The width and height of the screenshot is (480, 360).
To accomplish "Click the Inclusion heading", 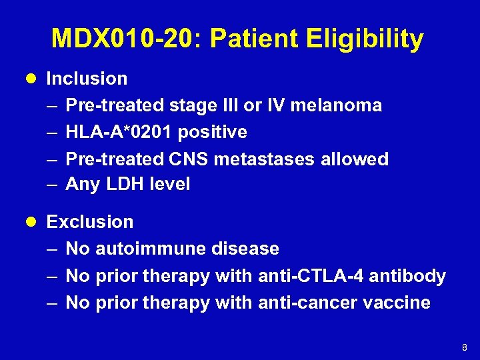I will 87,79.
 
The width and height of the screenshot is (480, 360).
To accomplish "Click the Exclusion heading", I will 90,222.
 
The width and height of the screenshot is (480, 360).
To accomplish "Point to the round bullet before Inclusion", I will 33,79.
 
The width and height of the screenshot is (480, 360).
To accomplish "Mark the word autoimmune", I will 151,249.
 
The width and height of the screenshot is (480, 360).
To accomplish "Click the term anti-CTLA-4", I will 312,276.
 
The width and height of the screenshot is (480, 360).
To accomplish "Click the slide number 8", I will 464,347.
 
